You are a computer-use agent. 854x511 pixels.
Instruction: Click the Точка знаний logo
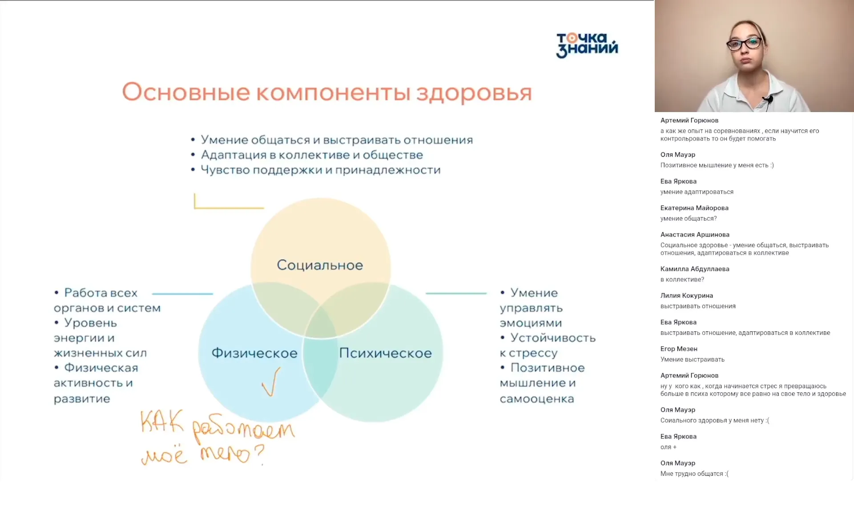click(587, 45)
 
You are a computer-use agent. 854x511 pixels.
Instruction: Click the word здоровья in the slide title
click(474, 93)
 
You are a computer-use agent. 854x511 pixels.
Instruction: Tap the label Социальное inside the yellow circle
click(320, 265)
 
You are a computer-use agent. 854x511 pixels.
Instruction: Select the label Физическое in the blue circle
click(254, 353)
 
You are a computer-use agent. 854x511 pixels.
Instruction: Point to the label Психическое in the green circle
click(385, 353)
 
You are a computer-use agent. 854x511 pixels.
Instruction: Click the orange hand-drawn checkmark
click(271, 382)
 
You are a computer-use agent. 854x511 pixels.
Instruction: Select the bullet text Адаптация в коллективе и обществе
click(312, 155)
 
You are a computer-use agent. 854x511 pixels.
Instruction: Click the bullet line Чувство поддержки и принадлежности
click(320, 170)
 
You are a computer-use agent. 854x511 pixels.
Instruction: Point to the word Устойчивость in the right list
click(552, 338)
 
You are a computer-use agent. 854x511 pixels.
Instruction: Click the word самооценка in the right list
click(536, 399)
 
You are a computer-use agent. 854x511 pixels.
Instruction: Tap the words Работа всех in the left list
click(101, 293)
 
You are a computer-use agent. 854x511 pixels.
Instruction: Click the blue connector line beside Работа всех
click(182, 294)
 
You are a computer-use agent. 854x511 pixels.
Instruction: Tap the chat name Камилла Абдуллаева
click(694, 269)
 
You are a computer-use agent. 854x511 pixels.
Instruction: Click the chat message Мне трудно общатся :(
click(694, 474)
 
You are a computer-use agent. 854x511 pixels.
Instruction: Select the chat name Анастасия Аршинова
click(694, 234)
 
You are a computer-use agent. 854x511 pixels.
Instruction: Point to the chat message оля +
click(668, 447)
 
